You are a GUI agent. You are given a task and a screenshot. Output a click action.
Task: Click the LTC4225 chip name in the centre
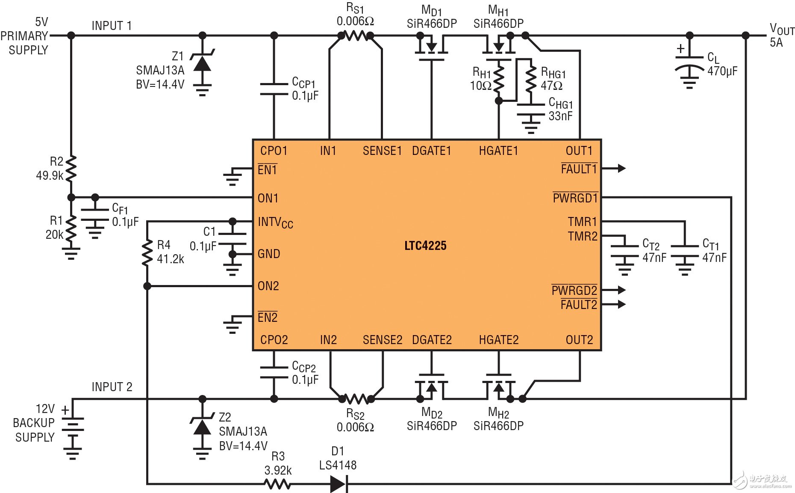point(425,246)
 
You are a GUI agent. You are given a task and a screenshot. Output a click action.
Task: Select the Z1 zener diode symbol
point(202,63)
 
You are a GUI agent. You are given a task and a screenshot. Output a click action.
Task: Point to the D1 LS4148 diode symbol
point(339,484)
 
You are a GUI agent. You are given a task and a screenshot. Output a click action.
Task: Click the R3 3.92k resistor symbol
point(278,484)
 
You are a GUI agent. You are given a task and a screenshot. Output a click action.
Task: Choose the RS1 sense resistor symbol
point(356,36)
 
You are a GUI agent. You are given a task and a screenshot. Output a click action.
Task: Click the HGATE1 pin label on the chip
point(498,151)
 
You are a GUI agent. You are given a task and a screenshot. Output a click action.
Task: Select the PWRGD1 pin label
point(575,198)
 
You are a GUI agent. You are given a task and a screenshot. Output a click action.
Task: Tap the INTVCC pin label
point(275,223)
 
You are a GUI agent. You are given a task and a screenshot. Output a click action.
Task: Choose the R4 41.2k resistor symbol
point(147,252)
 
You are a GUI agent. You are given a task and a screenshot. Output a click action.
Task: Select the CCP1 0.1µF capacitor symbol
point(274,89)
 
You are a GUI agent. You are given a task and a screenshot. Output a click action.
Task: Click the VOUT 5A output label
point(781,35)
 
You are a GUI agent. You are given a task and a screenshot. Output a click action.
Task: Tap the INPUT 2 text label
point(112,387)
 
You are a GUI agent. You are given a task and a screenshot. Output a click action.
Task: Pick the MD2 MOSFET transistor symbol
point(431,386)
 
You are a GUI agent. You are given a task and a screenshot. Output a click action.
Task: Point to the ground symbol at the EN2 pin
point(233,324)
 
